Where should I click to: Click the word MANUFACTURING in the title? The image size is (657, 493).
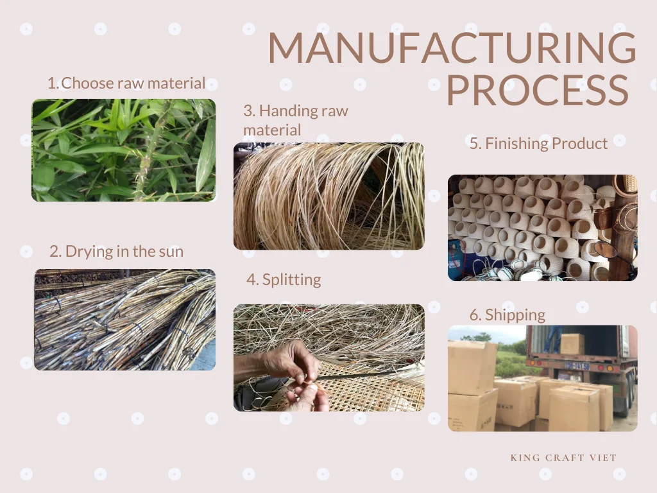coord(452,47)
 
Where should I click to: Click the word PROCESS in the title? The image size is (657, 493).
coord(538,90)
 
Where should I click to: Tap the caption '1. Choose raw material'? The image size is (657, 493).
coord(126,83)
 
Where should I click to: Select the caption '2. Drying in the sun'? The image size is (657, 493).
coord(117,251)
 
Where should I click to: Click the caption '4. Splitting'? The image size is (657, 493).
coord(284,280)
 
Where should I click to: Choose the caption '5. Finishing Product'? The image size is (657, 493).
coord(538,143)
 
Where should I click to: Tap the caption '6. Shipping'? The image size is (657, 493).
coord(508,315)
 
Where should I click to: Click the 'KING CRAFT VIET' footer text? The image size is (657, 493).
coord(563,458)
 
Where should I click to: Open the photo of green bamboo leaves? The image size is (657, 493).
coord(124,150)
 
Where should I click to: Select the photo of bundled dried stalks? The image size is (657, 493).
coord(125,320)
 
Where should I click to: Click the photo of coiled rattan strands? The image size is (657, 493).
coord(329,196)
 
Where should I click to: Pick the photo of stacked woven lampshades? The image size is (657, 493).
coord(543,228)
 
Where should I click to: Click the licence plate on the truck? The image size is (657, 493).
coord(577,366)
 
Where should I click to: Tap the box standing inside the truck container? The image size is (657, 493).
coord(572,344)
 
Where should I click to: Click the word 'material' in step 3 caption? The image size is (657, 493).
coord(272,130)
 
